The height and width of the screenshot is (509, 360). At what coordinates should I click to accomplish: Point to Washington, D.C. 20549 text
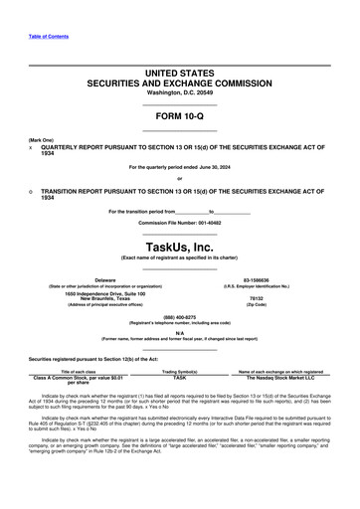click(x=179, y=92)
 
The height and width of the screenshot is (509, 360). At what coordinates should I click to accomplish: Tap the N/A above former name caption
click(x=180, y=334)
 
